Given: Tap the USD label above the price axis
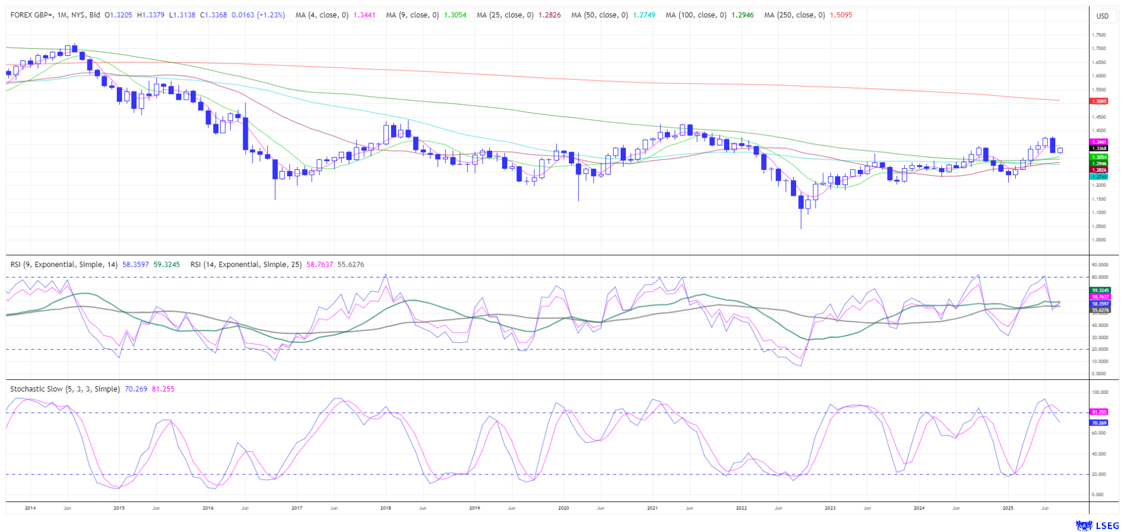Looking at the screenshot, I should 1102,16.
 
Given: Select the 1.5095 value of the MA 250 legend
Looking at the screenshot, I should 841,15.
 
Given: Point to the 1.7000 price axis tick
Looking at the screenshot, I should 1099,49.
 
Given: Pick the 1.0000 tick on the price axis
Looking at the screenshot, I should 1099,240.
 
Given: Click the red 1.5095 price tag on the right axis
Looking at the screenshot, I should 1099,101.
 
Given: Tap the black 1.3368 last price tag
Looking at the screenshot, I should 1099,149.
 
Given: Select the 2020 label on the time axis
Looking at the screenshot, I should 564,508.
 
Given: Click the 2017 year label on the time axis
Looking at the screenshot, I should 297,508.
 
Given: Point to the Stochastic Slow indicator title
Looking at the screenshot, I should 65,389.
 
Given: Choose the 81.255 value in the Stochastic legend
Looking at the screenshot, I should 163,389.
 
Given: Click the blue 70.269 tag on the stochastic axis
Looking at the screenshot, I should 1099,423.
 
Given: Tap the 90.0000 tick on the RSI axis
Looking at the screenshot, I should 1099,265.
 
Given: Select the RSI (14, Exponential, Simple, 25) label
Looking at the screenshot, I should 246,265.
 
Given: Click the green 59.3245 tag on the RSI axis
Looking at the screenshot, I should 1100,290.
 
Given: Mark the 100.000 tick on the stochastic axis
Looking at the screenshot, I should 1099,392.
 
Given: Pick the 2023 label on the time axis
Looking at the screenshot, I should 830,508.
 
